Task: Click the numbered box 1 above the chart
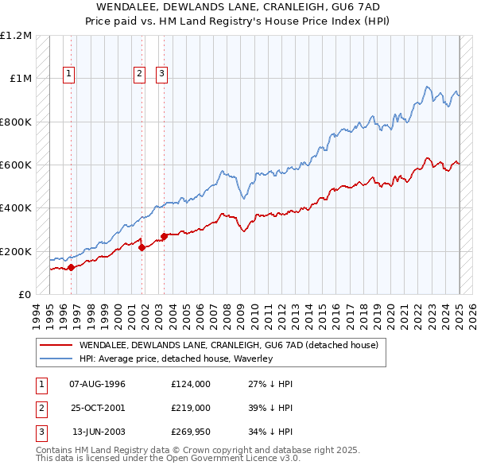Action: pyautogui.click(x=69, y=74)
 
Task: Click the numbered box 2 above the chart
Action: pyautogui.click(x=139, y=74)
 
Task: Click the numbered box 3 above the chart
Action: pyautogui.click(x=161, y=74)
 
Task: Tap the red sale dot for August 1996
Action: pyautogui.click(x=71, y=267)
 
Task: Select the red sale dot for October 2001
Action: pyautogui.click(x=142, y=247)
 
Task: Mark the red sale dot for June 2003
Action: pyautogui.click(x=164, y=236)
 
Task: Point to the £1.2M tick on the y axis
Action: pyautogui.click(x=17, y=36)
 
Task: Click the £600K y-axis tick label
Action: pyautogui.click(x=17, y=165)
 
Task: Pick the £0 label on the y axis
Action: pyautogui.click(x=24, y=294)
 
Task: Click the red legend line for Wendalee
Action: pyautogui.click(x=56, y=345)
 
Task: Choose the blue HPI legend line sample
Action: pyautogui.click(x=56, y=359)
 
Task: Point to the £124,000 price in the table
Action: pyautogui.click(x=191, y=384)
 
